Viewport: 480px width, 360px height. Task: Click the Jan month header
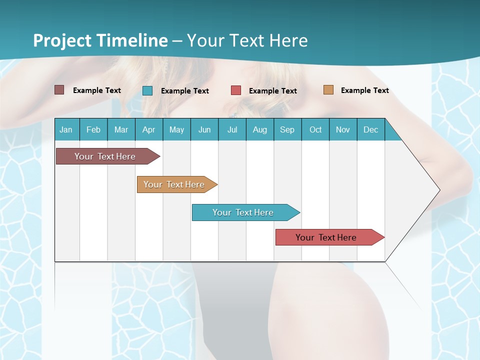tap(66, 129)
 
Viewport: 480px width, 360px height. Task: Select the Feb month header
tap(93, 129)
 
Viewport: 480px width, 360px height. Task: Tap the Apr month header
tap(149, 129)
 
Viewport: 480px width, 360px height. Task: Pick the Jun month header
tap(204, 129)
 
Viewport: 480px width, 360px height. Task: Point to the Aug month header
tap(260, 129)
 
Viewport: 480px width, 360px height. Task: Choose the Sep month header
tap(287, 129)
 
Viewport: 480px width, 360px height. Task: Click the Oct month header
tap(315, 129)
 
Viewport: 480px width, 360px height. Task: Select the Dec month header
tap(371, 129)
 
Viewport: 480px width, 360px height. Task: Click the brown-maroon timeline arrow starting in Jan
tap(105, 156)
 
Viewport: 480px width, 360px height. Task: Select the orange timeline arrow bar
tap(174, 184)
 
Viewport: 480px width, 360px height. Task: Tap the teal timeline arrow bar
tap(243, 212)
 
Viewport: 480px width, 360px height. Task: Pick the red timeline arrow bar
tap(326, 237)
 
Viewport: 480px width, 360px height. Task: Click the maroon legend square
tap(59, 90)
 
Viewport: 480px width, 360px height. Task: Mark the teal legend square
tap(147, 90)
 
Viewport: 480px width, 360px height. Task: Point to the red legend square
tap(236, 90)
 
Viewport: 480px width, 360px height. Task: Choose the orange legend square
tap(328, 90)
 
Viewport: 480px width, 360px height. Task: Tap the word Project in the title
tap(62, 40)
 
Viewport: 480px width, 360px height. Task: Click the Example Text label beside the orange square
tap(364, 90)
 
